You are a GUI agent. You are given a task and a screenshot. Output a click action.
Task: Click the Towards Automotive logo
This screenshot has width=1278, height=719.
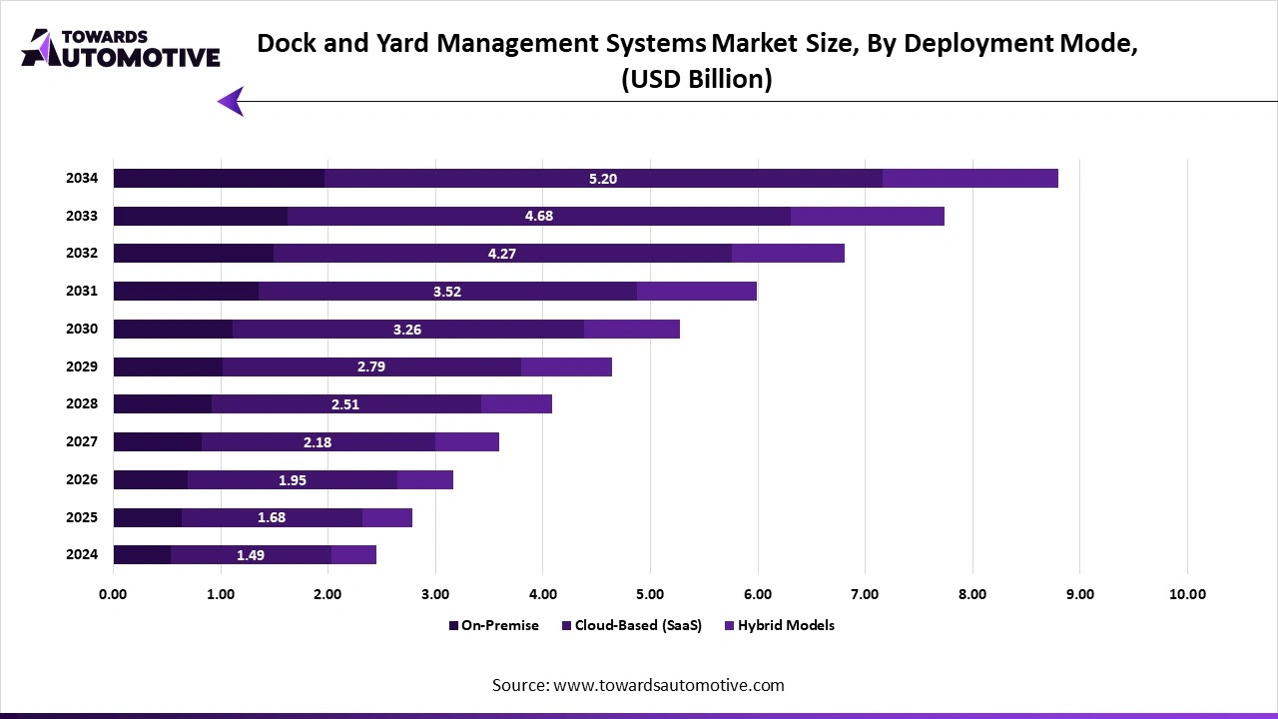[120, 48]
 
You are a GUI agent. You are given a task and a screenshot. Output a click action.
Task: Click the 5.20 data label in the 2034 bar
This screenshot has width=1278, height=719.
[603, 179]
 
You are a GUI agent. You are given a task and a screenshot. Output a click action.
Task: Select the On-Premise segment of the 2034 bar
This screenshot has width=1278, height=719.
[219, 179]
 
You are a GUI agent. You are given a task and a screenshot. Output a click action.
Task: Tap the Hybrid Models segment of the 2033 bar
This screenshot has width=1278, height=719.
[867, 217]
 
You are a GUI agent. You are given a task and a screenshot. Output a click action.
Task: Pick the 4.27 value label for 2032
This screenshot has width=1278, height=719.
[501, 254]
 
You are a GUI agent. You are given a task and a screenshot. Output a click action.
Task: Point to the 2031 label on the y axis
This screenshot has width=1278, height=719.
[82, 292]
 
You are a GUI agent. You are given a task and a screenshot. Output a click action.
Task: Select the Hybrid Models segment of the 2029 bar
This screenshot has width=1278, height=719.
[566, 366]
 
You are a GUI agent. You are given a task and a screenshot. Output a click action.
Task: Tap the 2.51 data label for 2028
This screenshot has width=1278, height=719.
[345, 404]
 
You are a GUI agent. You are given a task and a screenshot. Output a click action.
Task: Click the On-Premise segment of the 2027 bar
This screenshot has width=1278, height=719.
[157, 441]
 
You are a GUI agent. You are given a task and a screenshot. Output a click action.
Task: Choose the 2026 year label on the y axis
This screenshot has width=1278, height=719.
[82, 479]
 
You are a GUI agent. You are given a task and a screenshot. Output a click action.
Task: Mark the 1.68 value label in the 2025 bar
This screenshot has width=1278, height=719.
[272, 517]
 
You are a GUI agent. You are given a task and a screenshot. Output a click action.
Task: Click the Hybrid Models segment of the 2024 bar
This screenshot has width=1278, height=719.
[353, 555]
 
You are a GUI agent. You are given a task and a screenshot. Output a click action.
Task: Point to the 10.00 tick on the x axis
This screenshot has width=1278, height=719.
[1187, 594]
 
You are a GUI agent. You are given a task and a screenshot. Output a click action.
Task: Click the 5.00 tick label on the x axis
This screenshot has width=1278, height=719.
[650, 594]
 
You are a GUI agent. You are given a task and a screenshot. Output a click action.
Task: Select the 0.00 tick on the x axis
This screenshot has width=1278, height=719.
[113, 594]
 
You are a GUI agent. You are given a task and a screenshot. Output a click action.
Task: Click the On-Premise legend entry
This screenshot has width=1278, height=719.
[493, 625]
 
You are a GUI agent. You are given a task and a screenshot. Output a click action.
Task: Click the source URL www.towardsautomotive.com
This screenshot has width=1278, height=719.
[668, 685]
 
